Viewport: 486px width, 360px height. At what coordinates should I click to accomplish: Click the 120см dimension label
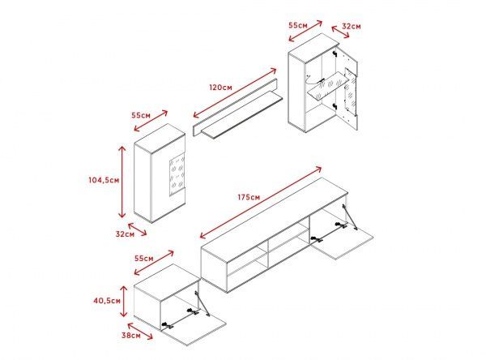[220, 88]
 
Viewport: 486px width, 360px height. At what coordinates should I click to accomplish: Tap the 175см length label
[249, 197]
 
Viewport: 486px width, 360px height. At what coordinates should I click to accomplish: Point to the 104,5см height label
[104, 180]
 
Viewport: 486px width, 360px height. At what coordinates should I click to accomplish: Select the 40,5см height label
[107, 301]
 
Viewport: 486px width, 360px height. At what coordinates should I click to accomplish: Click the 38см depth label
[130, 335]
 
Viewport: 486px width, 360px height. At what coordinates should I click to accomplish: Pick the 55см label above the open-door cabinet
[298, 25]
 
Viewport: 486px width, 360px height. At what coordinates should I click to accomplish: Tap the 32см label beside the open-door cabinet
[352, 27]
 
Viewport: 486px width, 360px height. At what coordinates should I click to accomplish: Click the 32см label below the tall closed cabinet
[125, 234]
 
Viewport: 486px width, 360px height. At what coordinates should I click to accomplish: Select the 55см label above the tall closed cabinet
[141, 115]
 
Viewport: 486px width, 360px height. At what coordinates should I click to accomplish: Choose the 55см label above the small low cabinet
[144, 258]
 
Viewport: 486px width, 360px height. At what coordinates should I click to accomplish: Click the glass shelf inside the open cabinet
[328, 87]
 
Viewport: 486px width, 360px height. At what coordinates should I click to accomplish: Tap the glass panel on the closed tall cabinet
[177, 176]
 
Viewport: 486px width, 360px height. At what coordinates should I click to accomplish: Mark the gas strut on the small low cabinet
[202, 303]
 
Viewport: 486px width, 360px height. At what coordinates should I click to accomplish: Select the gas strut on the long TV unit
[350, 216]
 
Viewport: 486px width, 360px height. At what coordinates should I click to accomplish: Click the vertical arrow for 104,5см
[122, 182]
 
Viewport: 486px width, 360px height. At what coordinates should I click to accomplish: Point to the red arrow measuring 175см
[261, 203]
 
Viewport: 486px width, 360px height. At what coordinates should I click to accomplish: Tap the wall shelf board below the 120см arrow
[242, 114]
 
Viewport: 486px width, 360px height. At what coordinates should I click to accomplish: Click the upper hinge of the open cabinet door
[334, 54]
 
